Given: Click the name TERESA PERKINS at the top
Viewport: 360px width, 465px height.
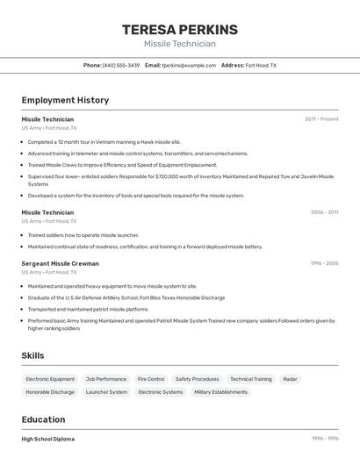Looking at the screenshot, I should coord(179,30).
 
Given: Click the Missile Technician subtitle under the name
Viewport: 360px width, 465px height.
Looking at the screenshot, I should coord(179,44).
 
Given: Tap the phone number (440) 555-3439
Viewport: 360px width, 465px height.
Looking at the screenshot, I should coord(121,65).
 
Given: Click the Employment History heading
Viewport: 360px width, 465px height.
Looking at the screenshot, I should coord(65,100).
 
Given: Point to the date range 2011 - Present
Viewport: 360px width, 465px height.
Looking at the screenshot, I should coord(321,118).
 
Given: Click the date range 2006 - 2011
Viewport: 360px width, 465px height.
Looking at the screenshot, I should coord(324,212).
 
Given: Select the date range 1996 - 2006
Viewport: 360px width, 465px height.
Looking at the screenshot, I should coord(324,263).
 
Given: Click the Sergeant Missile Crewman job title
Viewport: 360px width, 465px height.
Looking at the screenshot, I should coord(60,263).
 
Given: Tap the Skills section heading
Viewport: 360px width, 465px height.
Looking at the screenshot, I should coord(32,355).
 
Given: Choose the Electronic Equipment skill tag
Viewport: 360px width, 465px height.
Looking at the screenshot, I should coord(50,379).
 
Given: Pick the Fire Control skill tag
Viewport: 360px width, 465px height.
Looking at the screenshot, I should coord(151,379).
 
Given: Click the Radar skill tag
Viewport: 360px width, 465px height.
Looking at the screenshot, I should coord(290,379).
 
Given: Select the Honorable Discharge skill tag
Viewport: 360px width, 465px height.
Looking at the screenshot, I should coord(50,392).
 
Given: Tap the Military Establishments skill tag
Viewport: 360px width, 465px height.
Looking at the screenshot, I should coord(220,392).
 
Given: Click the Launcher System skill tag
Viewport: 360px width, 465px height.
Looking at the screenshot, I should coord(106,392).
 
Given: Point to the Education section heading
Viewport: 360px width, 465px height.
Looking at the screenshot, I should coord(43,419).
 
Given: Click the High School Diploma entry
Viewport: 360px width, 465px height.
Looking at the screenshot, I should coord(48,439).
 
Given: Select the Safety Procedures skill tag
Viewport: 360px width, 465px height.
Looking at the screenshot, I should coord(197,379).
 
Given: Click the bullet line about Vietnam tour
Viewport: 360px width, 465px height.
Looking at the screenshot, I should coord(104,141).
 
